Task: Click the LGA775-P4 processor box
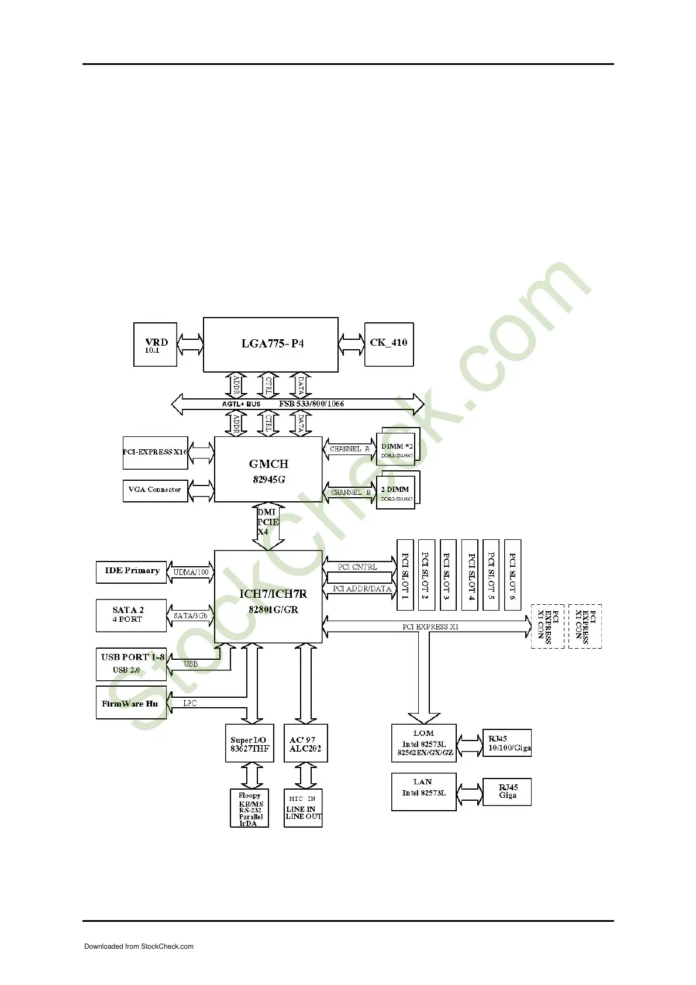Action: pos(270,344)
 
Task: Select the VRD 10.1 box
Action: pos(155,345)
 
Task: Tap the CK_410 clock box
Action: pos(388,344)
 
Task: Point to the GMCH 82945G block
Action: pos(268,470)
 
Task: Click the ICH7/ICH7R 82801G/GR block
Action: pos(268,597)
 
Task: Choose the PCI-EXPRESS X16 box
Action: pos(155,452)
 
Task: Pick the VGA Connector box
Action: pos(155,490)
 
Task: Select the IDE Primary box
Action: pos(132,571)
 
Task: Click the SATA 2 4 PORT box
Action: pos(131,615)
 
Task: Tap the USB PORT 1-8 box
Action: pos(131,664)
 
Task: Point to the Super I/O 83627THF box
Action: pos(250,743)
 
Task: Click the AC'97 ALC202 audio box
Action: pos(305,743)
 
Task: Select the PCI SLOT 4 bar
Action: pos(470,575)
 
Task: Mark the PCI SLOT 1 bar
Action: pos(405,575)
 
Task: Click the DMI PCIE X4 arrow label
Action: pos(268,522)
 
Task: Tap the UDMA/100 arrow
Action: pos(191,572)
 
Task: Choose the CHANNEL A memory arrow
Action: pos(349,449)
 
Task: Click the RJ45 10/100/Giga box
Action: pos(507,743)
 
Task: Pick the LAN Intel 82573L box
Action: pos(423,791)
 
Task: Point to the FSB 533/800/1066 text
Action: pos(311,404)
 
